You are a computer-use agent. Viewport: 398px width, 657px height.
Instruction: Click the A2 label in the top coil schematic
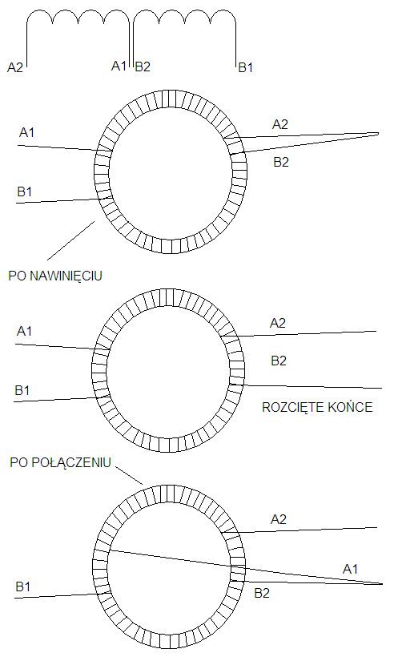point(15,67)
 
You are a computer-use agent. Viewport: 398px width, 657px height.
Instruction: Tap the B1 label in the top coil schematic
point(246,67)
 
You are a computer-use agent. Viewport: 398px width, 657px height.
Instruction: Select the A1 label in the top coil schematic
point(119,66)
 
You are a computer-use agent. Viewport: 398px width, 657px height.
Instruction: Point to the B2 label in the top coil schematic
point(143,67)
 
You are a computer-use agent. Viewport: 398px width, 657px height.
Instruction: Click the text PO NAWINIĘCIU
point(55,276)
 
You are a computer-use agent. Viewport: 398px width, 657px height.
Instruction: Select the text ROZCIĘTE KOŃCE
point(317,407)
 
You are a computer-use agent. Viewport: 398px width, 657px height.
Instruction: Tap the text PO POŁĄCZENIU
point(60,462)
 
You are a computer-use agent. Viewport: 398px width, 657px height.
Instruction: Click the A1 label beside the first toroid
point(26,132)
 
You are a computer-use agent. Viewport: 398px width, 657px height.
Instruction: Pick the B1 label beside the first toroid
point(25,192)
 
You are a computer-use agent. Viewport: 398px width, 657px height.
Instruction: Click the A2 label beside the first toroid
point(280,124)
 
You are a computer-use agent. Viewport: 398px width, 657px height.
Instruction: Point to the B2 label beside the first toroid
point(281,162)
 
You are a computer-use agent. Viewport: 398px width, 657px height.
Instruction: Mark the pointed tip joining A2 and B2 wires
point(378,134)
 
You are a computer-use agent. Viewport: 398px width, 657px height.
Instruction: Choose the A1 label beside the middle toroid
point(24,331)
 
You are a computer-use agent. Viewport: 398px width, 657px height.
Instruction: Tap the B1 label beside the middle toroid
point(22,390)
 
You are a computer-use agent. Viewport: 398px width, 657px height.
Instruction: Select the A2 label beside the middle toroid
point(278,323)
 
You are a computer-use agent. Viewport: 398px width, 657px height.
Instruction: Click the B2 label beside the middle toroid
point(279,361)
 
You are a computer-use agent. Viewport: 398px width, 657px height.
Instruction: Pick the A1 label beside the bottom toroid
point(350,569)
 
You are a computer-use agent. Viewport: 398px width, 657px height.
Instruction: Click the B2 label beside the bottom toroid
point(262,594)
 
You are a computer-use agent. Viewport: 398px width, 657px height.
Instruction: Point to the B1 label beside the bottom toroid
point(23,586)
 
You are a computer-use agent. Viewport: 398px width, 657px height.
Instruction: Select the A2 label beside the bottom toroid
point(279,519)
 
